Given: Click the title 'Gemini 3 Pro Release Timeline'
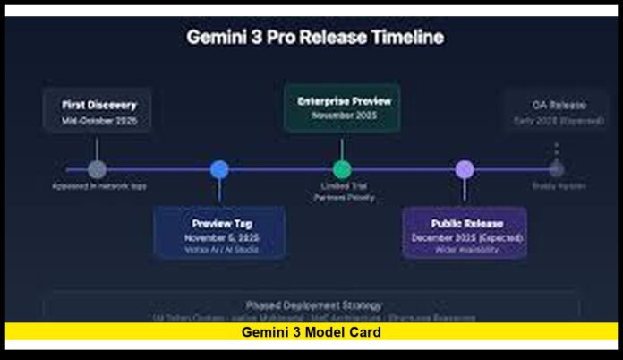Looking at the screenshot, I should [314, 38].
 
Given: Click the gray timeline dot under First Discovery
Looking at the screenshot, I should [98, 169].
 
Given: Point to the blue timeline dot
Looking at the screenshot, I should [219, 169].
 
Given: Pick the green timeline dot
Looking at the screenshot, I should [342, 169].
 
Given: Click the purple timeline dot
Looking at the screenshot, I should [464, 169].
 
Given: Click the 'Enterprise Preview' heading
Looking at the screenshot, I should [344, 101].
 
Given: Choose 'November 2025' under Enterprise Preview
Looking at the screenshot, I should [344, 116].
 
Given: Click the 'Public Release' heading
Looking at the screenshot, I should [466, 223].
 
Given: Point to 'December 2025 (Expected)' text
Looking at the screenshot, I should [466, 237].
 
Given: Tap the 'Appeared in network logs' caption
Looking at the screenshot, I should [98, 185].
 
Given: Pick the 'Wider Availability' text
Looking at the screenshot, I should [466, 250].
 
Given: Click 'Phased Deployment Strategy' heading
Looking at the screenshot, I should [313, 305].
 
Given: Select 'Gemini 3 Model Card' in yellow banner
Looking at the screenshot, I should [311, 332].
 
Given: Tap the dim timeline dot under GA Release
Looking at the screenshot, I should [556, 168].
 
